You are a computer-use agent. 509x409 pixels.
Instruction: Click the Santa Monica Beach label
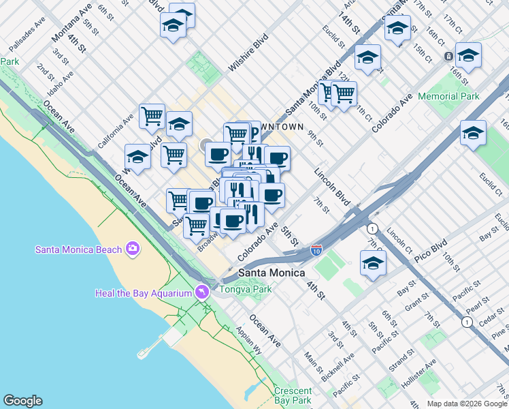(x=78, y=249)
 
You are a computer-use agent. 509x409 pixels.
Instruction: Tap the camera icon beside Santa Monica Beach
(x=132, y=249)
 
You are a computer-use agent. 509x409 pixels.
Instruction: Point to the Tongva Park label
(x=245, y=289)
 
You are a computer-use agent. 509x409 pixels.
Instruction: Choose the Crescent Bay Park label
(x=293, y=395)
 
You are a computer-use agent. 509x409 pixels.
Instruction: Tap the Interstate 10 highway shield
(x=316, y=252)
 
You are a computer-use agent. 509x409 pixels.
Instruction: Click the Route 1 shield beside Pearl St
(x=466, y=321)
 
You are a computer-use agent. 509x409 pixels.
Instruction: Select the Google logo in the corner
(x=22, y=401)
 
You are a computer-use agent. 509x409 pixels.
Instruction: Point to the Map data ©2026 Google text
(x=467, y=404)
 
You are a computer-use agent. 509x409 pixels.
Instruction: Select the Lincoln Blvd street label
(x=331, y=185)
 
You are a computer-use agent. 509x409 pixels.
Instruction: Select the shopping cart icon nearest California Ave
(x=152, y=115)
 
